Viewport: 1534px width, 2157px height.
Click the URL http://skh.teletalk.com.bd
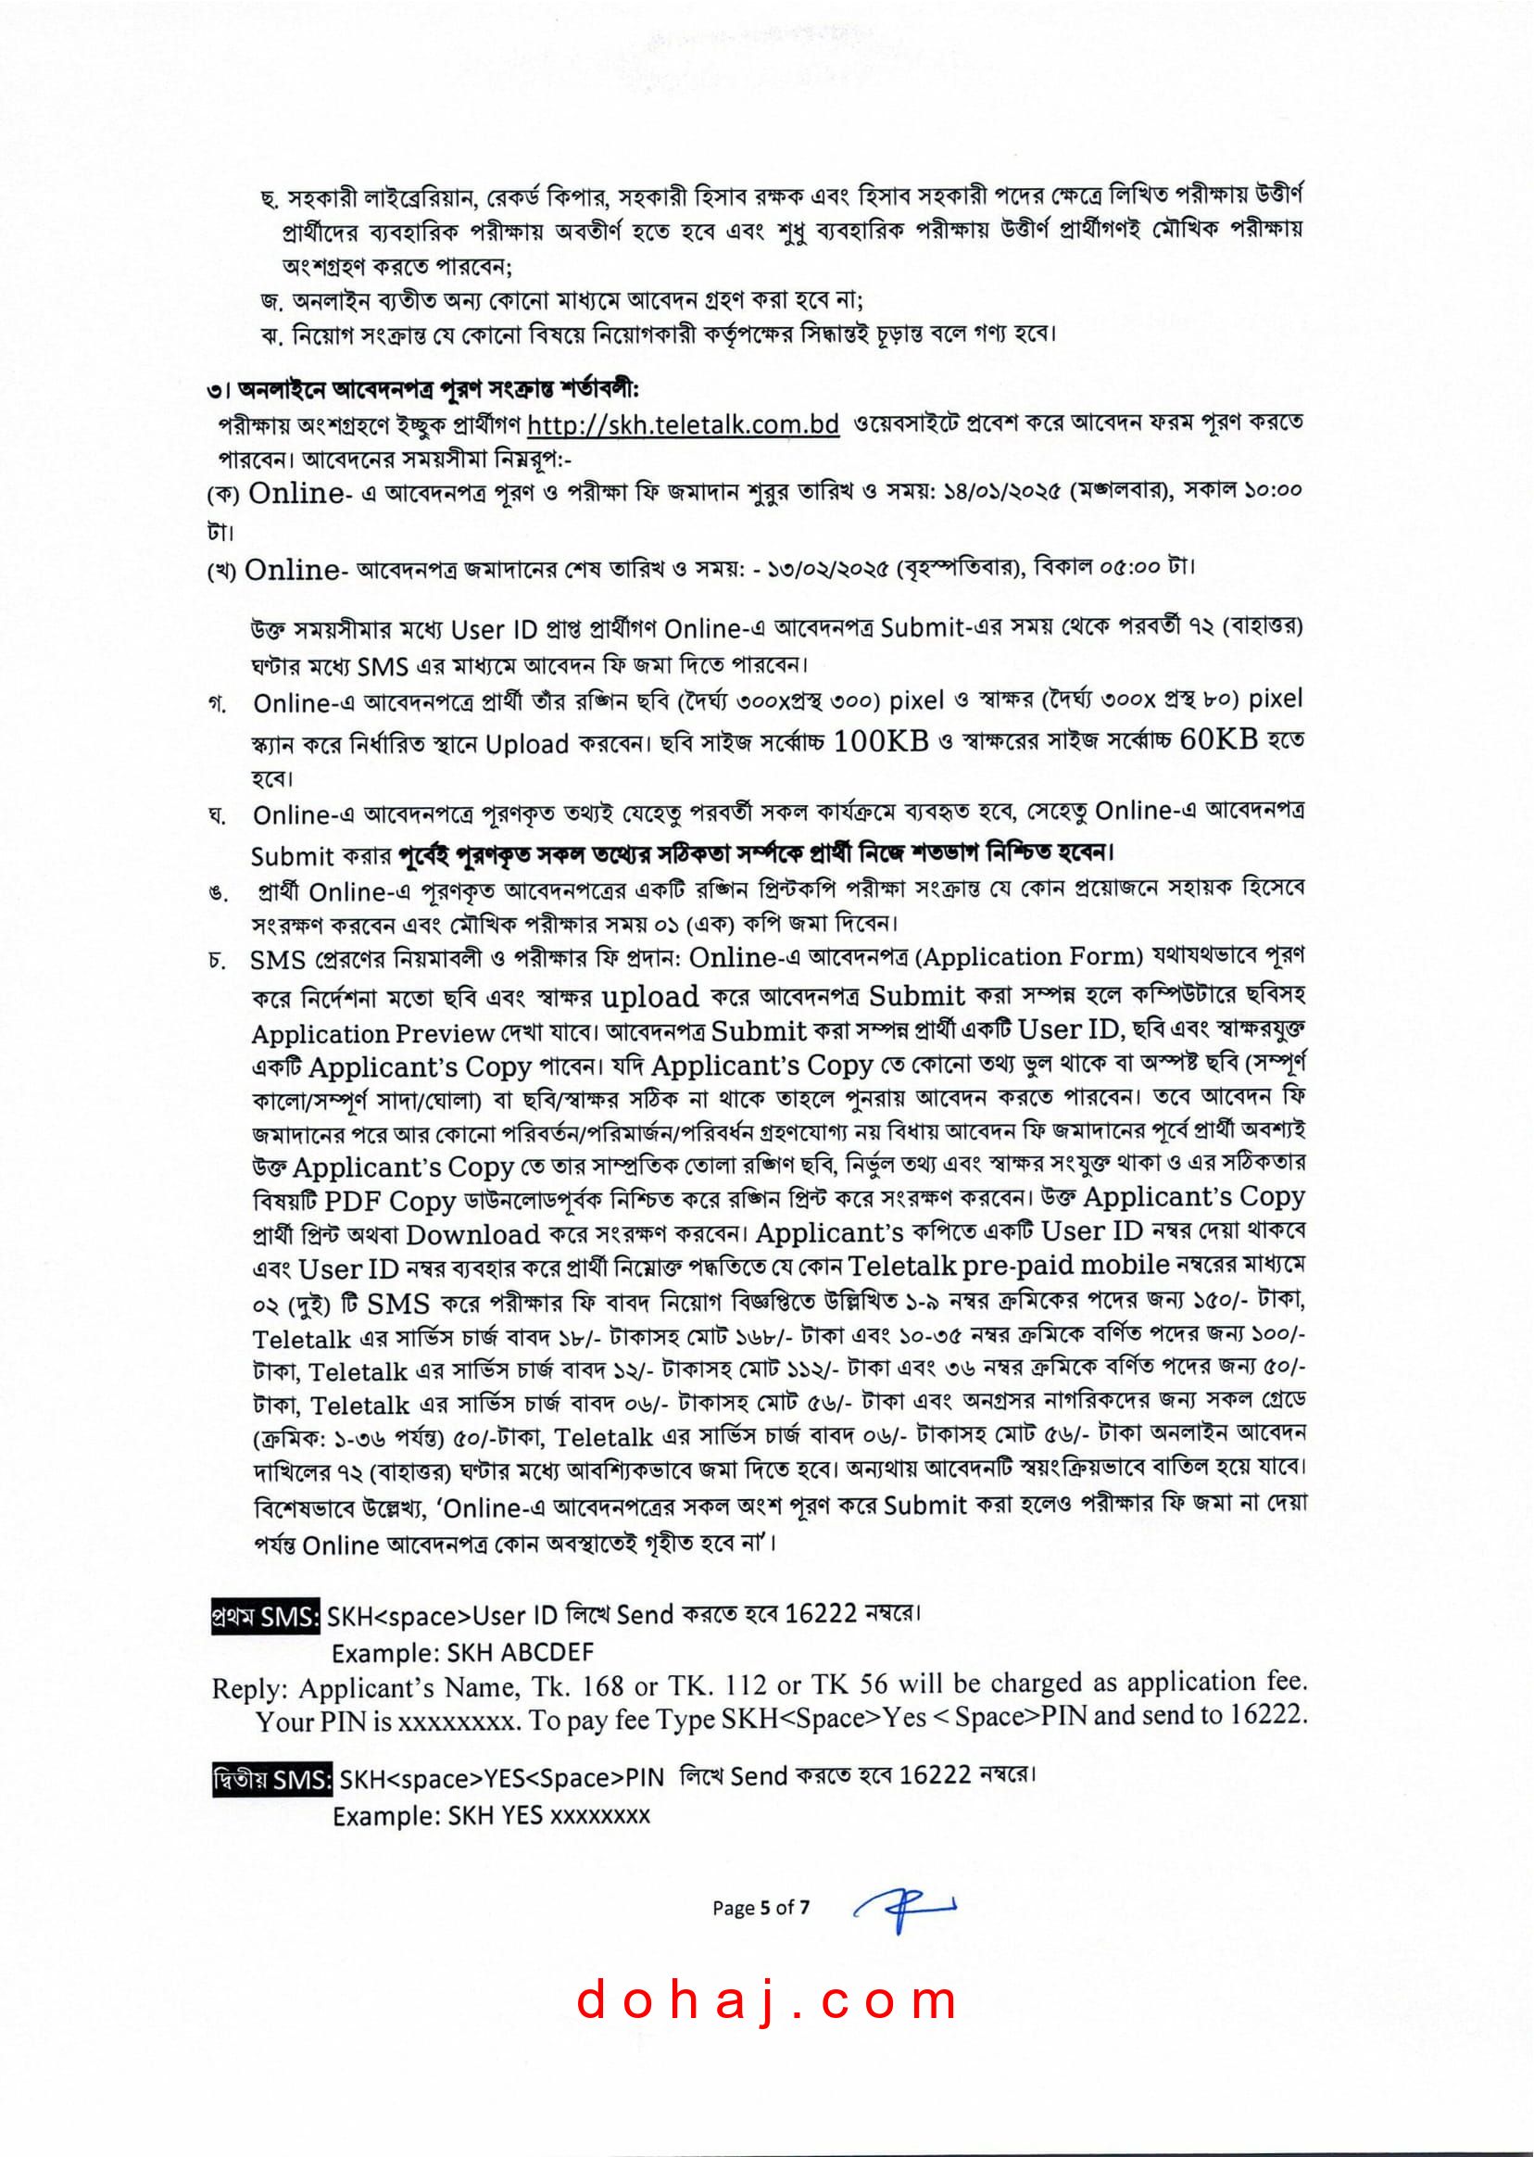(x=682, y=424)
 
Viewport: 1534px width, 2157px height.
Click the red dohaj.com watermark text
(x=766, y=1999)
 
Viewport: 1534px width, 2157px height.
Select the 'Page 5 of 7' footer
(x=761, y=1908)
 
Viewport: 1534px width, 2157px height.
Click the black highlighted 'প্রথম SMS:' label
(x=266, y=1617)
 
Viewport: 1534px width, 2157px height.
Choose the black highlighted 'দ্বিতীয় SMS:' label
(x=272, y=1780)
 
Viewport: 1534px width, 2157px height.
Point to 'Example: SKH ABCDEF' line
(x=462, y=1652)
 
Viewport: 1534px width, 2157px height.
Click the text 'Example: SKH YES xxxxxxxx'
(x=491, y=1815)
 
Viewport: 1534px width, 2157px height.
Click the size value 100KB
(x=880, y=740)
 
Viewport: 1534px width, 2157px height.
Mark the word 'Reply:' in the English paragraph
(x=249, y=1688)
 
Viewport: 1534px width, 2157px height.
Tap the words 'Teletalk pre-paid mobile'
(x=1008, y=1265)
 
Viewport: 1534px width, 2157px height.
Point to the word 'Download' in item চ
(x=472, y=1235)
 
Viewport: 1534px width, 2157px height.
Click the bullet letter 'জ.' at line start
(x=271, y=302)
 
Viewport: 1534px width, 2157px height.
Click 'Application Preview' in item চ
(x=373, y=1033)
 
